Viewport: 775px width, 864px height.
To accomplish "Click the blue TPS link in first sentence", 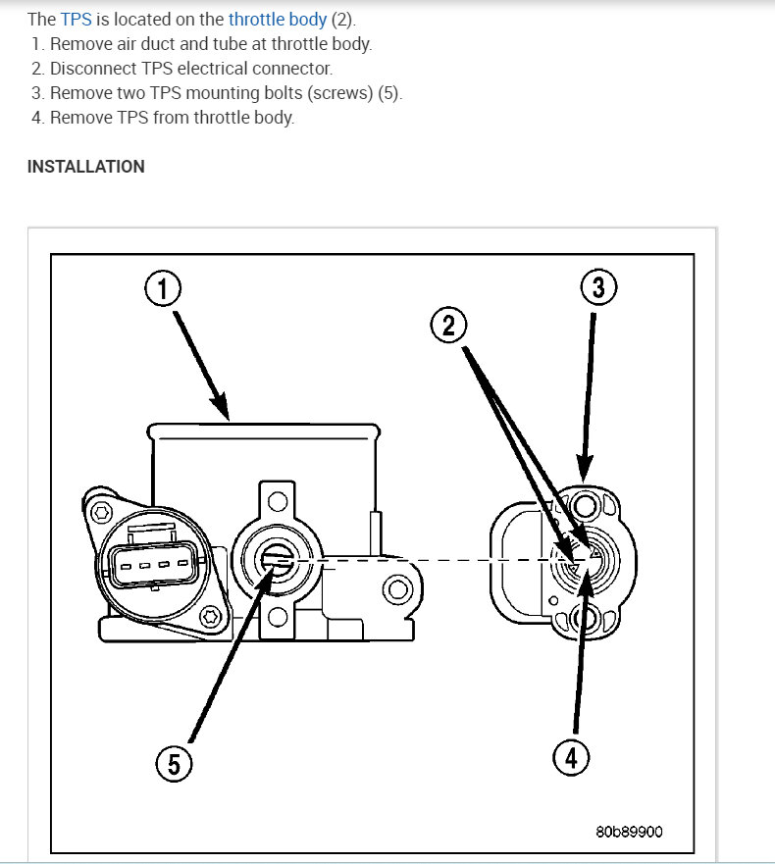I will pyautogui.click(x=76, y=19).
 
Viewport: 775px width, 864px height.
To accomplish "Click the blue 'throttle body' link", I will pyautogui.click(x=278, y=19).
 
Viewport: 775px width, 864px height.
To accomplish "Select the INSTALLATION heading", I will pyautogui.click(x=85, y=167).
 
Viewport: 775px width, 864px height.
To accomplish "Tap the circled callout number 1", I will pyautogui.click(x=163, y=289).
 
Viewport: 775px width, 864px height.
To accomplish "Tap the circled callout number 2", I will pyautogui.click(x=448, y=325).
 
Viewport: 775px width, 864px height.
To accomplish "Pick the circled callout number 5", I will pyautogui.click(x=174, y=762).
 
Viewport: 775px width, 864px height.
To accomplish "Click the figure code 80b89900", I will pyautogui.click(x=629, y=832).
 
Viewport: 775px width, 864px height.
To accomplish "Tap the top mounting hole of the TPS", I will pyautogui.click(x=587, y=506).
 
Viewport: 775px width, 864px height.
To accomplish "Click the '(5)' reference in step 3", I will pyautogui.click(x=388, y=93).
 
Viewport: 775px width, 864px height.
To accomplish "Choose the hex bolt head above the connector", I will pyautogui.click(x=102, y=513).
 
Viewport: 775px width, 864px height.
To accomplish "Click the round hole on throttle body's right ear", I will pyautogui.click(x=396, y=590).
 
